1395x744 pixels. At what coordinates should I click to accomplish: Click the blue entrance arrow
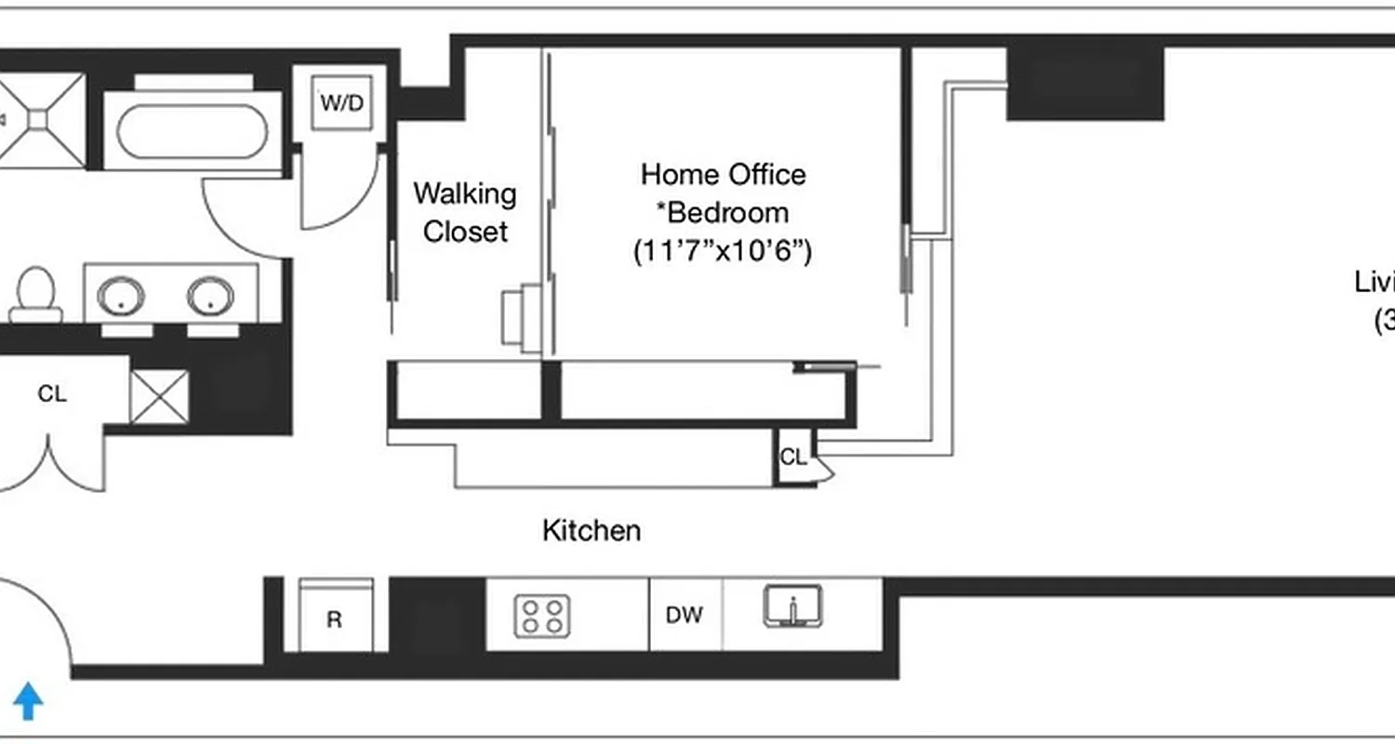28,701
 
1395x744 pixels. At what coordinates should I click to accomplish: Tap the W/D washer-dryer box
342,102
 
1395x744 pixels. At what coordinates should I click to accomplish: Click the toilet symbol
37,294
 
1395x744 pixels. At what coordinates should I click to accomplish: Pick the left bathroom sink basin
122,297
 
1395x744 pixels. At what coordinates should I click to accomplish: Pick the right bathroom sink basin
210,297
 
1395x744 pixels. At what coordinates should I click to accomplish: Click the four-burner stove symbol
543,616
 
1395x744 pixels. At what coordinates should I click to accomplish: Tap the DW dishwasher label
684,615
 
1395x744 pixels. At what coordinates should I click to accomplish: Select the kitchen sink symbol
793,607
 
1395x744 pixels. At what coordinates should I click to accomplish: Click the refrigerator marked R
335,619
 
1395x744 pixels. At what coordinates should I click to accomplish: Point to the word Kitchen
591,531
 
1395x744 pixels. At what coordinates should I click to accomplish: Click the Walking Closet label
465,213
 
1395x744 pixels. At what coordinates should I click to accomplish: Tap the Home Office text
723,174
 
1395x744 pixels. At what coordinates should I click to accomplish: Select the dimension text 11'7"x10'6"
723,251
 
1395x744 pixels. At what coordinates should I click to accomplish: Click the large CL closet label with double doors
52,394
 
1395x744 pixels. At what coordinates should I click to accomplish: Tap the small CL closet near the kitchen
792,457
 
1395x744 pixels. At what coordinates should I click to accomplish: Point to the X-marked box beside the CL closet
159,397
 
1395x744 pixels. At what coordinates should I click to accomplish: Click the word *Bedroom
723,213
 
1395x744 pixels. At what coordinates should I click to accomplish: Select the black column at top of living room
1085,83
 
